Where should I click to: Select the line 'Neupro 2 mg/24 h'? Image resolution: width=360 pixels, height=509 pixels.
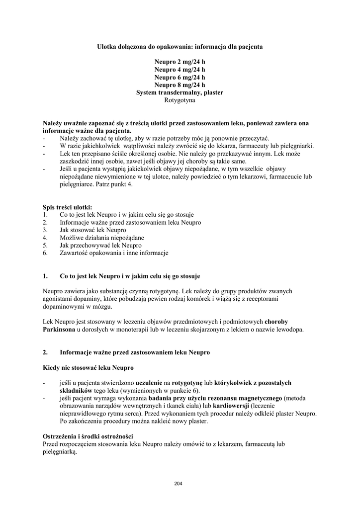(x=180, y=62)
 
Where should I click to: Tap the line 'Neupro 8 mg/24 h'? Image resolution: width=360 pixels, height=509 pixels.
(x=180, y=85)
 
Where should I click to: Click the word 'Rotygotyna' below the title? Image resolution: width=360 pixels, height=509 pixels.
(x=180, y=100)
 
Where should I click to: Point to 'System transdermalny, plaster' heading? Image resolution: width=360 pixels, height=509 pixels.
(x=180, y=93)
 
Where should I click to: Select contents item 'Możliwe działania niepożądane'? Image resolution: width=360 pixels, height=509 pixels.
(x=94, y=238)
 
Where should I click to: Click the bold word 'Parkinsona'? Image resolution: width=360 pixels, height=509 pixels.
(x=59, y=330)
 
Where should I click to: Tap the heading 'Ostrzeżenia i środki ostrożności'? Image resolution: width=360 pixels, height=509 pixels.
(x=87, y=436)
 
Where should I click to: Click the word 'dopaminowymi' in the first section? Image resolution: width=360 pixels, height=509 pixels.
(x=63, y=307)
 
